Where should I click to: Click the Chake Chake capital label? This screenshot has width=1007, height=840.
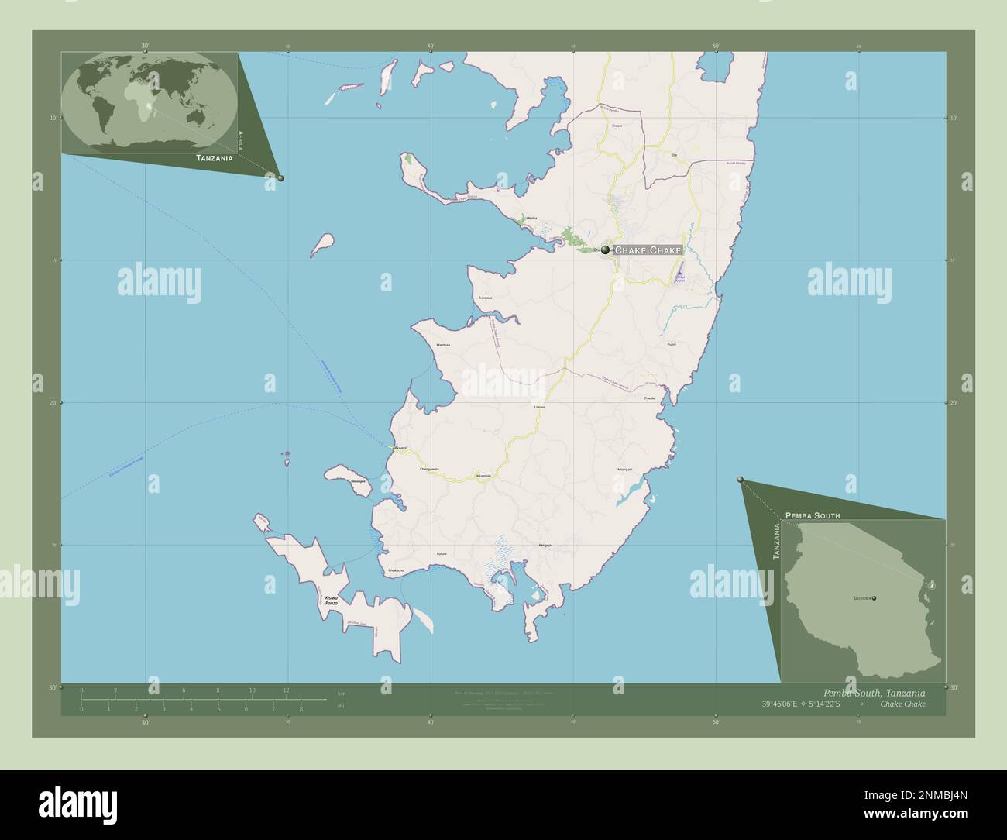point(648,250)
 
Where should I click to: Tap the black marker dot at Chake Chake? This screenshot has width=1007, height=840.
point(605,250)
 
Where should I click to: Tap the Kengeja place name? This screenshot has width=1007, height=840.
point(545,546)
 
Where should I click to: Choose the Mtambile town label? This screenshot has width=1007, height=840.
point(484,474)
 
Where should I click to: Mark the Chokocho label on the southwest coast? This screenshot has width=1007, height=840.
point(396,571)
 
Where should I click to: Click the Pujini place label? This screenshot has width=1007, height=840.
point(672,344)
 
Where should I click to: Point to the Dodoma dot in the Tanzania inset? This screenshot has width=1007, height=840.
point(874,598)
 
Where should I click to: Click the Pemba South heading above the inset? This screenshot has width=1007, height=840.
point(812,515)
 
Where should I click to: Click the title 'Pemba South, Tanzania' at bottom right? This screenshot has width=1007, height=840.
point(874,692)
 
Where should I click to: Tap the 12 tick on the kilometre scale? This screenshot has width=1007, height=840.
point(286,690)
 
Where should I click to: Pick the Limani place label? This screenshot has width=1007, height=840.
point(540,406)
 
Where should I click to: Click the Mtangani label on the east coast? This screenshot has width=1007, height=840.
point(625,470)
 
